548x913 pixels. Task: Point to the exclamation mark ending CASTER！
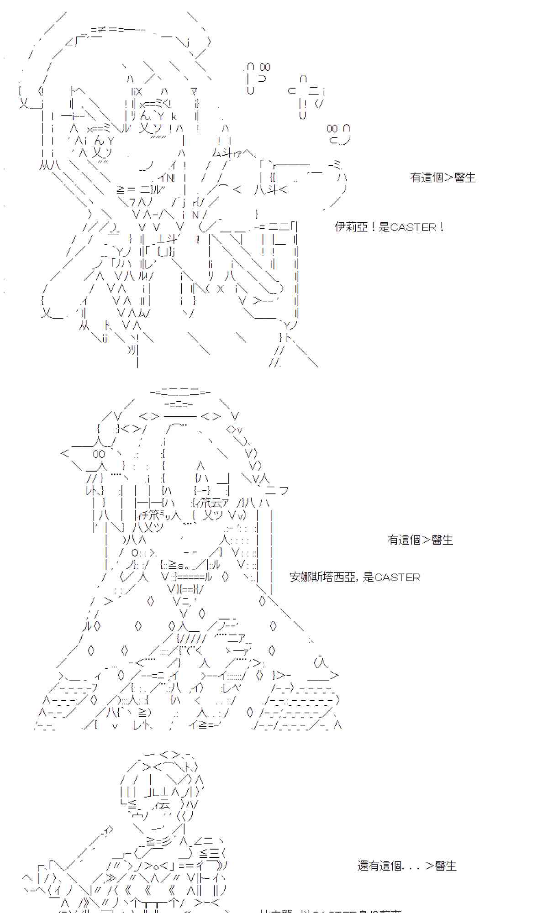(x=441, y=227)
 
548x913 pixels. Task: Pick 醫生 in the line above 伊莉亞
(x=465, y=178)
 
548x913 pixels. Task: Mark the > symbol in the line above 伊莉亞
(x=448, y=178)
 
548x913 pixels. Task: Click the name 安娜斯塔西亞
(x=322, y=577)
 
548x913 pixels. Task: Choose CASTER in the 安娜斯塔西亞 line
(x=397, y=577)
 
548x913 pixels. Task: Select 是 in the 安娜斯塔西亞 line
(x=368, y=577)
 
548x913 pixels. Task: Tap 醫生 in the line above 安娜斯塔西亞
(x=442, y=540)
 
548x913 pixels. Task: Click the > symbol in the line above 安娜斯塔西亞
(x=426, y=540)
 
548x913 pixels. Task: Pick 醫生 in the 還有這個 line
(x=446, y=866)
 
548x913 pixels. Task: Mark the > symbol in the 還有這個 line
(x=429, y=866)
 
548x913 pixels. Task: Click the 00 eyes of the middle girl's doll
(x=99, y=454)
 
